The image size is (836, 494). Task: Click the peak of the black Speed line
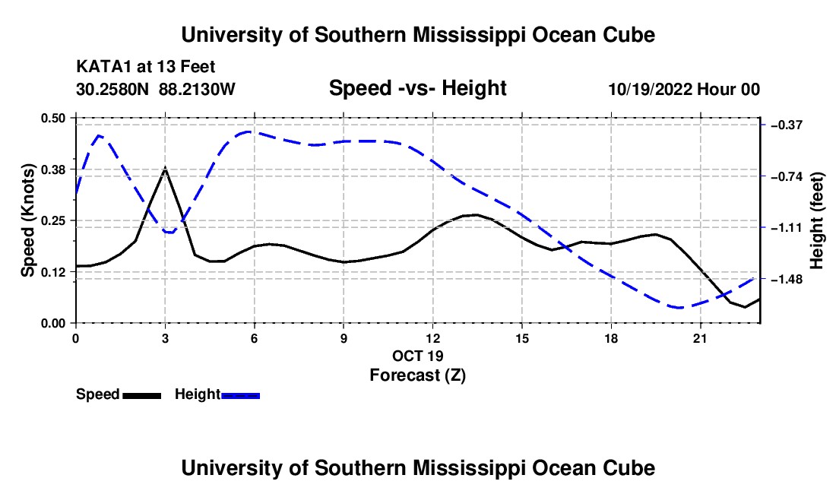165,168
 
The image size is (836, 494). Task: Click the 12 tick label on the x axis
433,338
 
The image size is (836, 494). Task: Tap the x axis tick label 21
700,338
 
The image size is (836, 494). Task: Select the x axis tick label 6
255,338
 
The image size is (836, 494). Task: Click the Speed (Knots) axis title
27,220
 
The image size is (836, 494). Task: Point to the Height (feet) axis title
816,220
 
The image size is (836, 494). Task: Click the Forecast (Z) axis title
417,375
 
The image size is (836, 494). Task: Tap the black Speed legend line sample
142,395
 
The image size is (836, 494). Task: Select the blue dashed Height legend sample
240,395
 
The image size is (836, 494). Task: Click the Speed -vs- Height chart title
417,88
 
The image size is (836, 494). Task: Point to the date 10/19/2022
651,89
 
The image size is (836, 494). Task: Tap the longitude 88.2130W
197,89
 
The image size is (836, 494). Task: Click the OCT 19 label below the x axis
417,356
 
